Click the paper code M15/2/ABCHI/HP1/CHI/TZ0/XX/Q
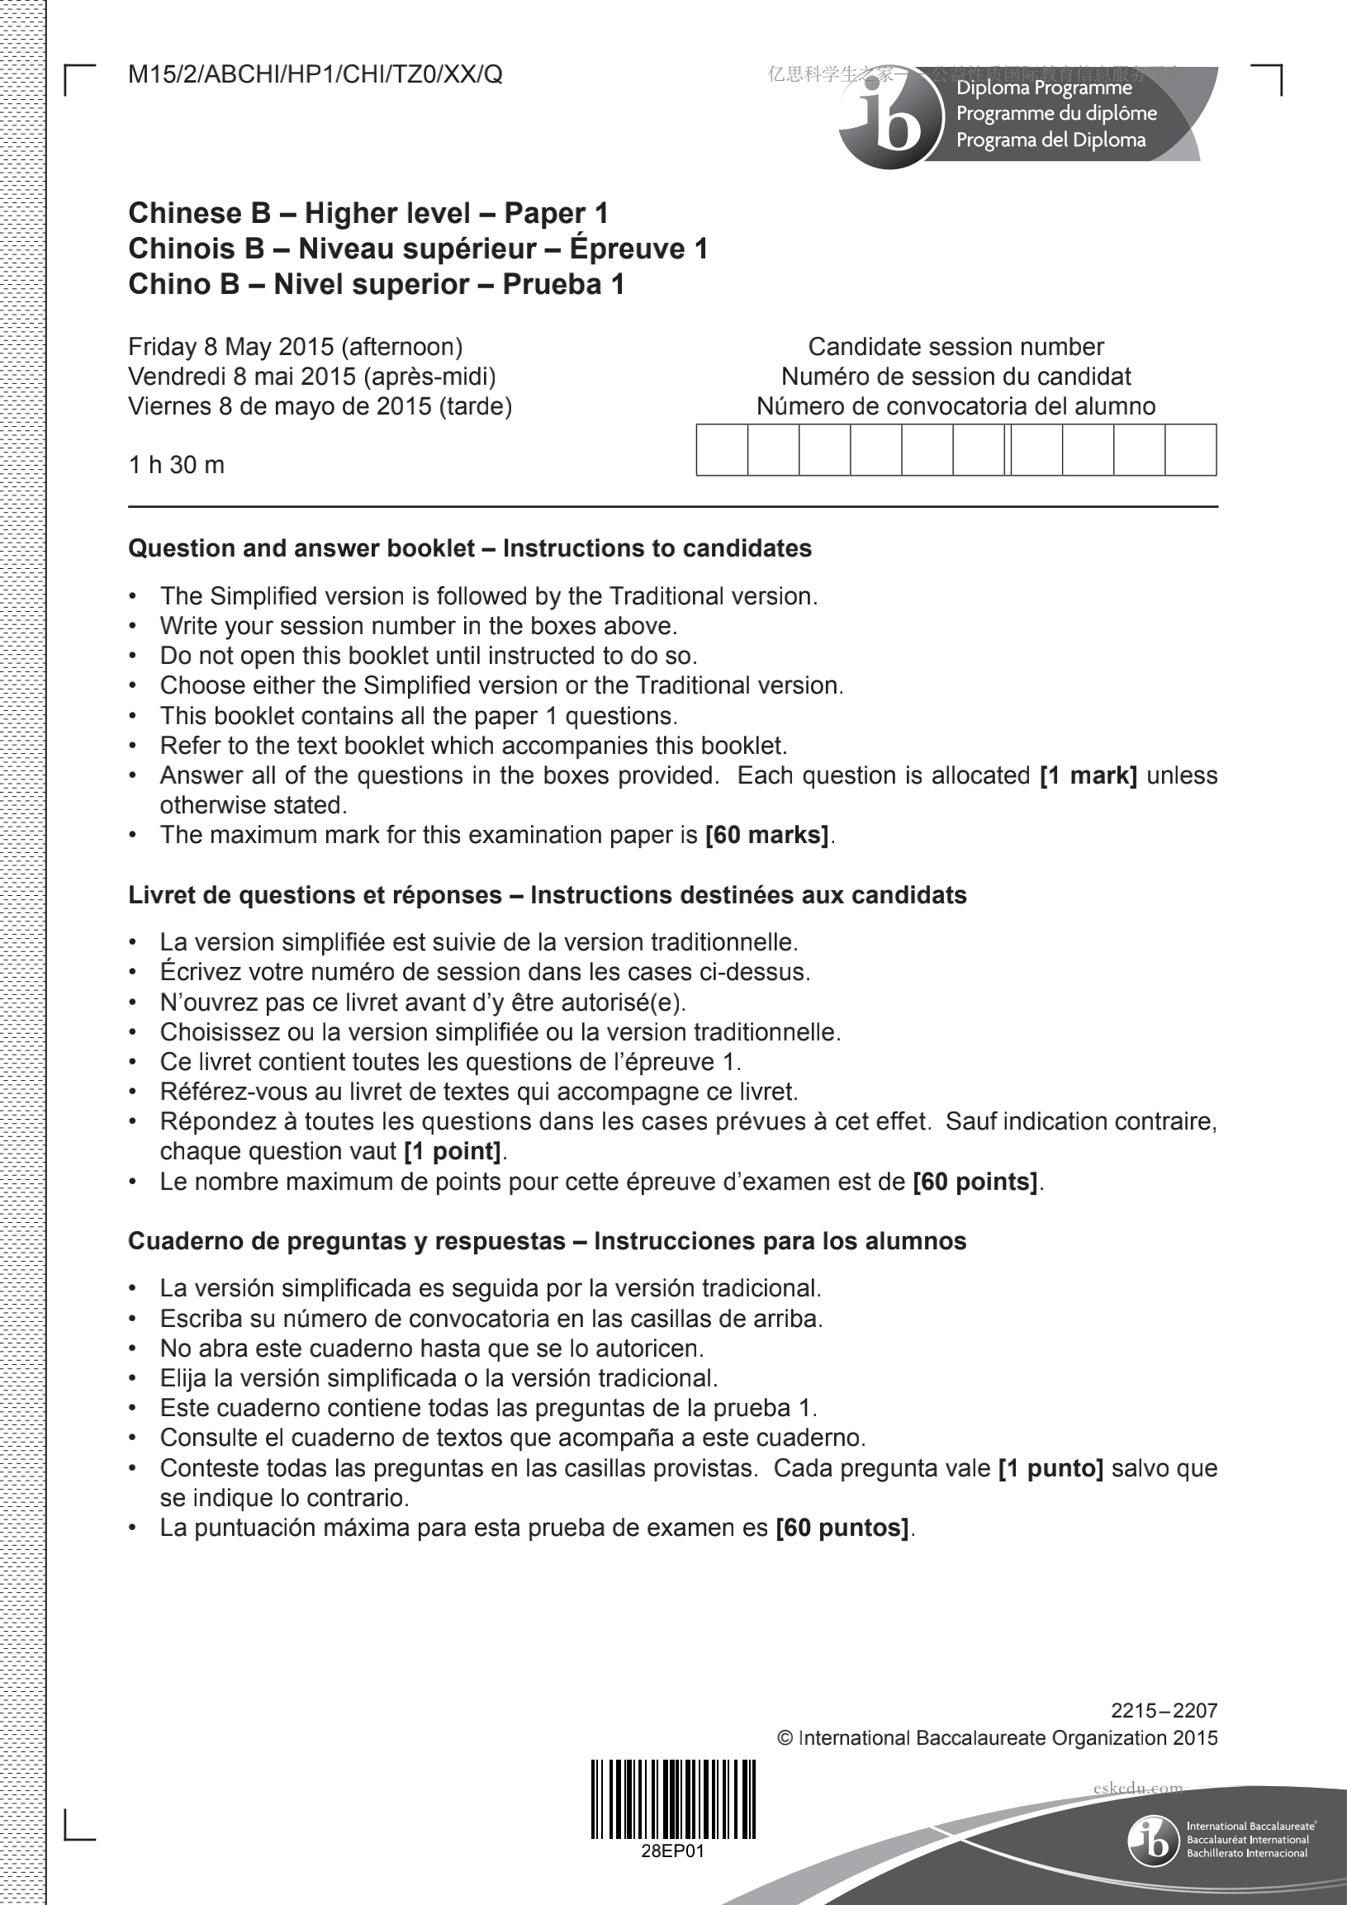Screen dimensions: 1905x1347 pyautogui.click(x=315, y=74)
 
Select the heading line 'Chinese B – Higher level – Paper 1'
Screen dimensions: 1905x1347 pyautogui.click(x=368, y=213)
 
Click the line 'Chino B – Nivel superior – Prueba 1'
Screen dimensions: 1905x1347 pyautogui.click(x=376, y=285)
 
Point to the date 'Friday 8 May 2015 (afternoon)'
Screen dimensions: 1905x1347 pyautogui.click(x=296, y=347)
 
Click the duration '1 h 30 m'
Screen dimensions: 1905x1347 pyautogui.click(x=176, y=465)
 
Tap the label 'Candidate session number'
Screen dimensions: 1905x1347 pyautogui.click(x=956, y=347)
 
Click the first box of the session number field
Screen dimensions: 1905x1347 pyautogui.click(x=722, y=450)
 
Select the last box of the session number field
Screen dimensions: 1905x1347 pyautogui.click(x=1190, y=450)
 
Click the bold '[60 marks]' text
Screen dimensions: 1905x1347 pyautogui.click(x=767, y=835)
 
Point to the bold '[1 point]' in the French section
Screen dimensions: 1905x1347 pyautogui.click(x=453, y=1152)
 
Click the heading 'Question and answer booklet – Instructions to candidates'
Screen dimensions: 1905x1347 pyautogui.click(x=470, y=548)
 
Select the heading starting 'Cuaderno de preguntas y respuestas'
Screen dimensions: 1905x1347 pyautogui.click(x=547, y=1241)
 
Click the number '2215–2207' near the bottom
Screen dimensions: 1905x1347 pyautogui.click(x=1164, y=1710)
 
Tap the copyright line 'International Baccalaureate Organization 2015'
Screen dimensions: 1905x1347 pyautogui.click(x=997, y=1738)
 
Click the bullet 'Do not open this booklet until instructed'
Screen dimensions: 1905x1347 pyautogui.click(x=429, y=656)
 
